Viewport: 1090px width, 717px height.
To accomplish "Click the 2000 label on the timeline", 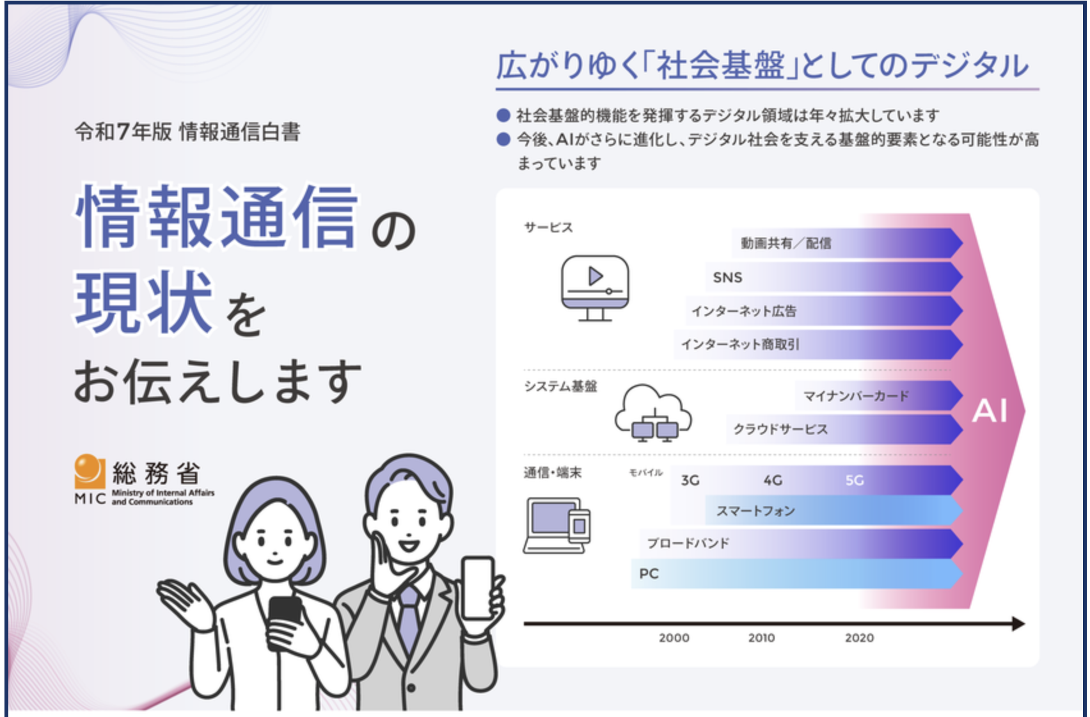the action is click(x=674, y=638).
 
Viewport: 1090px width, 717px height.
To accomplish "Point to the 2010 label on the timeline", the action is click(x=762, y=638).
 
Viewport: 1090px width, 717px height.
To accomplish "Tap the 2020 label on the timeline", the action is click(x=859, y=638).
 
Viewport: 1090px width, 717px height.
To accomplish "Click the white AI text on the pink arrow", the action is click(x=990, y=411).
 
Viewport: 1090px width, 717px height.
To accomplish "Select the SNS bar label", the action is click(x=727, y=278).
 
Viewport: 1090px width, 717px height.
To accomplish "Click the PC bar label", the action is click(x=649, y=574).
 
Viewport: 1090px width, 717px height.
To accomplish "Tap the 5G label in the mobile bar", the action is click(x=855, y=481).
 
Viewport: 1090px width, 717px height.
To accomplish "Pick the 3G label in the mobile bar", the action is click(x=690, y=481).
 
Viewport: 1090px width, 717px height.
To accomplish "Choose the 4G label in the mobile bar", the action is click(x=773, y=481).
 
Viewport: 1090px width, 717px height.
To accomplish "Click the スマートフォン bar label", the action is click(x=755, y=511).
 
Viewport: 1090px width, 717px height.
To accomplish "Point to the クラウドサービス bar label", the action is click(x=780, y=429).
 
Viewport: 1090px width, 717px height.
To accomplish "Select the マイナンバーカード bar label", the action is click(x=856, y=396).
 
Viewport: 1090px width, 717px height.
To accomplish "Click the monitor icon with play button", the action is click(x=595, y=288).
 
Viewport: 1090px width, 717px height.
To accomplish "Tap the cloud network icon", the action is click(x=653, y=413).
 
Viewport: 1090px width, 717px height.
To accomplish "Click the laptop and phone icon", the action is click(x=557, y=526).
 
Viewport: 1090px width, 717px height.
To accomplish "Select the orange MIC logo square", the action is click(x=90, y=471).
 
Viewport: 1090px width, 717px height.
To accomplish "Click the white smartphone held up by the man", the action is click(x=478, y=588).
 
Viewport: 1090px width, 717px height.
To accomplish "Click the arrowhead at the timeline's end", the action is click(x=1018, y=624).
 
